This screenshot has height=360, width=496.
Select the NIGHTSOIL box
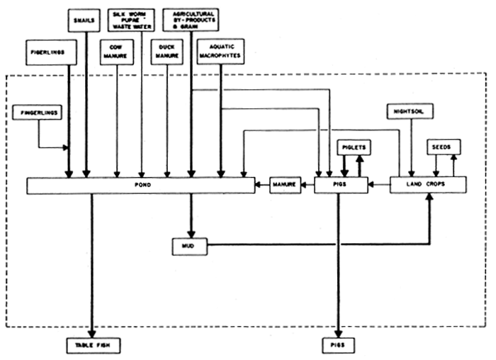(412, 111)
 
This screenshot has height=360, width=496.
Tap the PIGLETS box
(352, 147)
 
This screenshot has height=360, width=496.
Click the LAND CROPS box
(428, 185)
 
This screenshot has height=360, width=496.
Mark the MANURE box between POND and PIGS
(284, 186)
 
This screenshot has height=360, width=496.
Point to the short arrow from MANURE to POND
(262, 186)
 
